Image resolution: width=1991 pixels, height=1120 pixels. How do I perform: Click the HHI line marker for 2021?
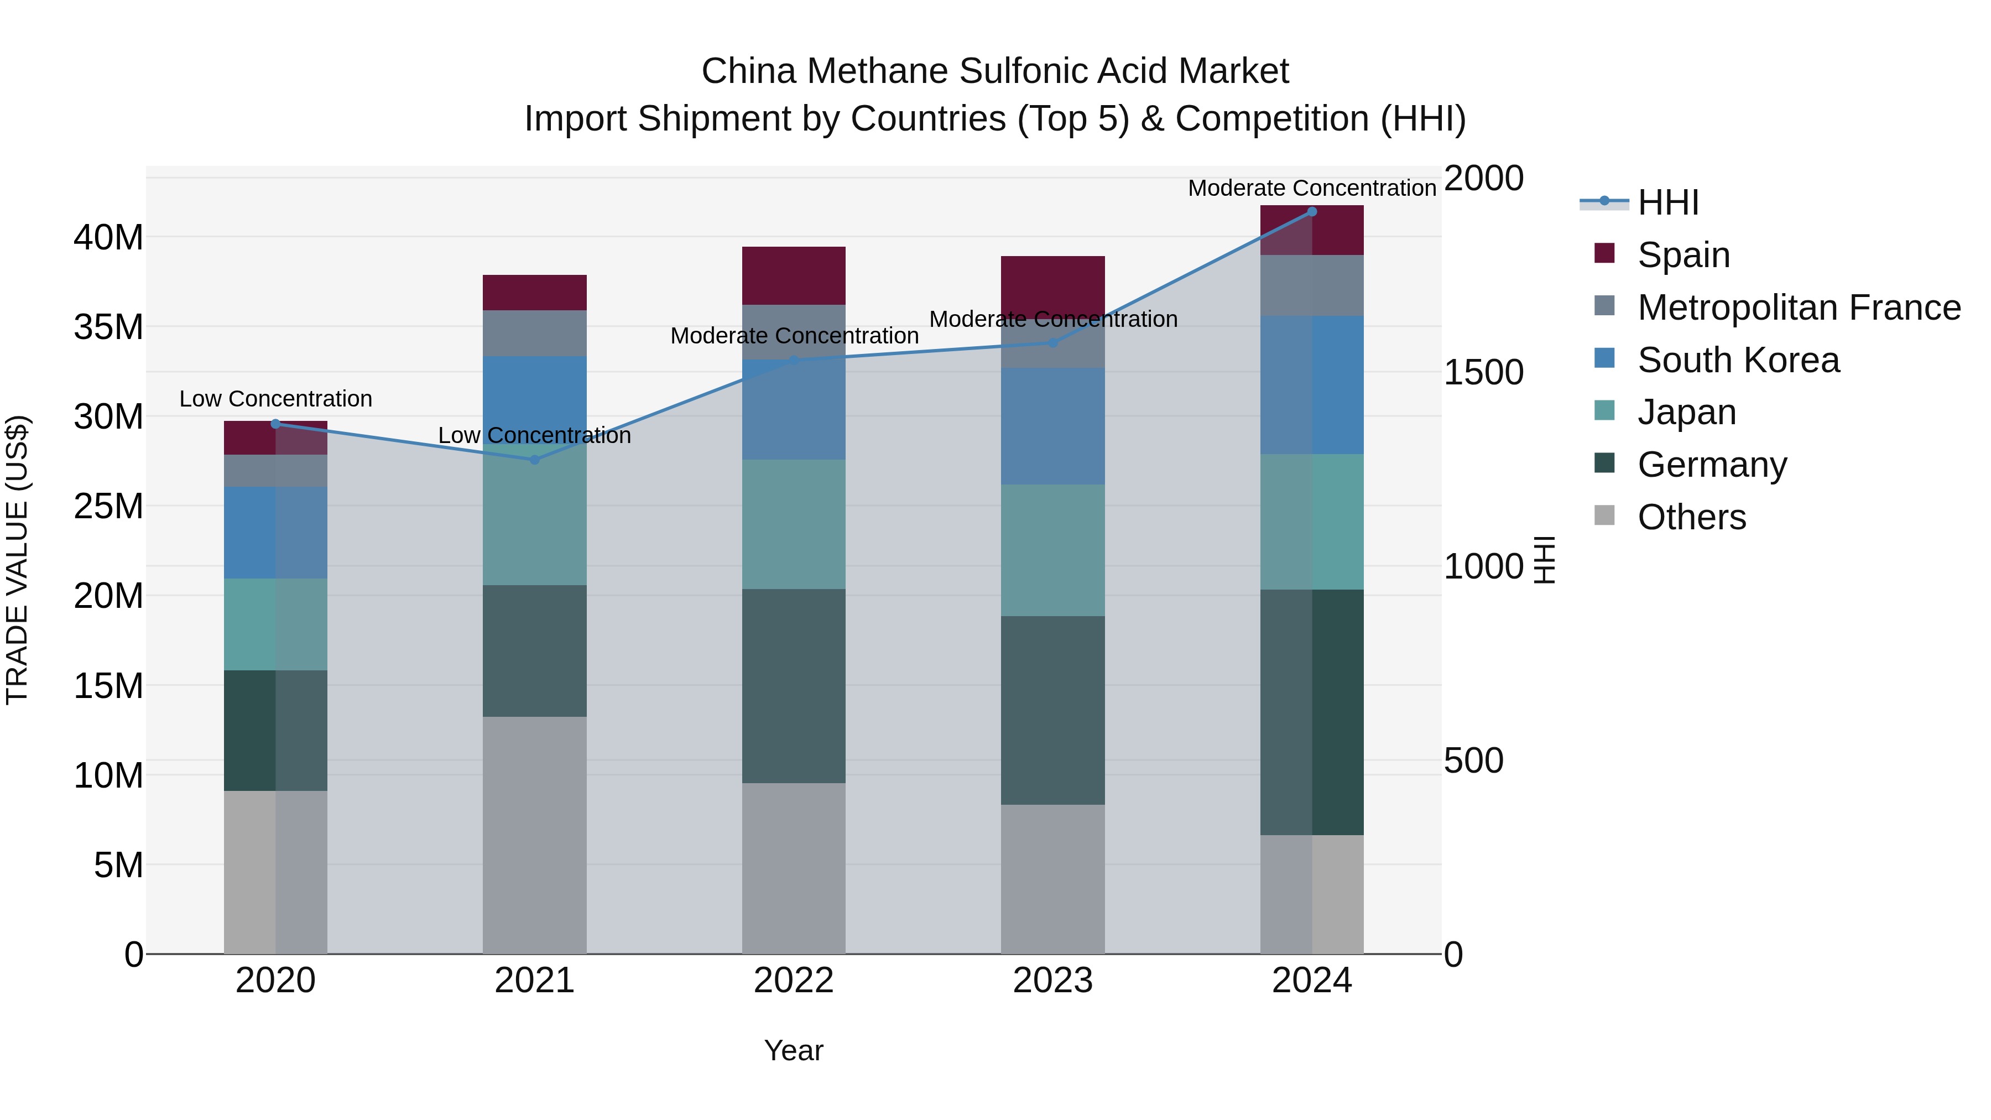point(534,460)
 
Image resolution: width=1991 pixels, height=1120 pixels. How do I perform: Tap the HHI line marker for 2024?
point(1312,212)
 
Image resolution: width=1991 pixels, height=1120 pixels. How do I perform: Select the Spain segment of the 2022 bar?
point(794,276)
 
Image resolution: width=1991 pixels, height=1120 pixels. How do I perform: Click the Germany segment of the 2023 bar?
point(1052,710)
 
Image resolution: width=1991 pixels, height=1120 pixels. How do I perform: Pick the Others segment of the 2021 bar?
point(534,835)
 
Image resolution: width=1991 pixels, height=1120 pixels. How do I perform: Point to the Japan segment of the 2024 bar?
point(1312,522)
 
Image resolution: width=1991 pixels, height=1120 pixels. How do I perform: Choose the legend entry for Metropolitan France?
point(1799,308)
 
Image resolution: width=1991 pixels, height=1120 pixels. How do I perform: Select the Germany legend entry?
point(1712,465)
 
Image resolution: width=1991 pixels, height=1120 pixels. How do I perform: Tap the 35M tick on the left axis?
point(108,327)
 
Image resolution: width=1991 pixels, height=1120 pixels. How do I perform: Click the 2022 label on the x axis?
point(794,981)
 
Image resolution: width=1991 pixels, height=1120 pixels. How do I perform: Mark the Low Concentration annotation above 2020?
point(275,399)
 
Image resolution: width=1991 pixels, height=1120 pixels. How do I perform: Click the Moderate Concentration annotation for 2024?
point(1312,188)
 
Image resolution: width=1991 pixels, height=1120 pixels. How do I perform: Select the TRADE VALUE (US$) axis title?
point(17,560)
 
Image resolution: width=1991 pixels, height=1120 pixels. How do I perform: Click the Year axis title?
point(794,1050)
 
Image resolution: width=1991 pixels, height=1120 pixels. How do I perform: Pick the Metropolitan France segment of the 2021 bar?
point(534,333)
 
